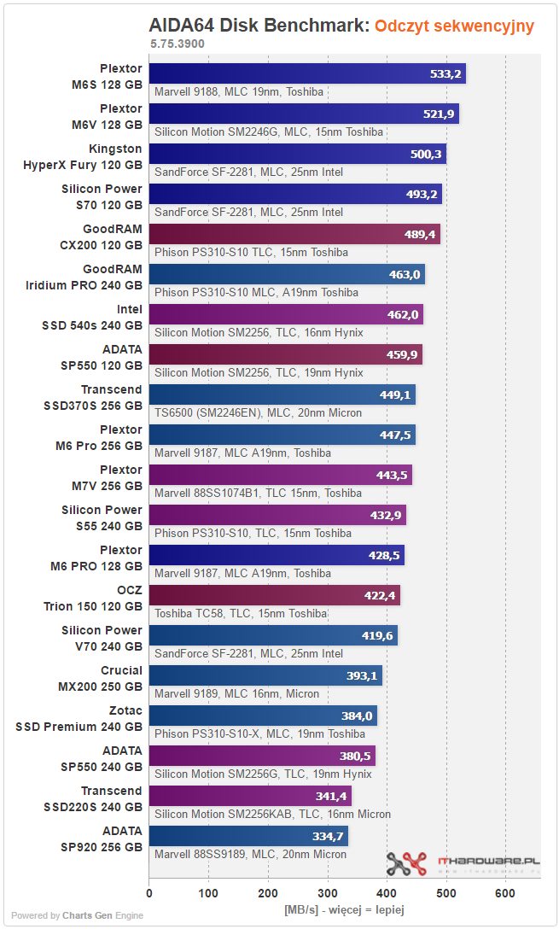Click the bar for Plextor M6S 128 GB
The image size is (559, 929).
(307, 73)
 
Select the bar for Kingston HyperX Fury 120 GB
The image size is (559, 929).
(298, 154)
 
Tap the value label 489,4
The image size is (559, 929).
(420, 234)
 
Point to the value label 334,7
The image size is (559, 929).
(328, 836)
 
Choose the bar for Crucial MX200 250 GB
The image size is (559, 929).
(266, 675)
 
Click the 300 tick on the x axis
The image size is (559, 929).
(328, 893)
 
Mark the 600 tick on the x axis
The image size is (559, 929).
(505, 893)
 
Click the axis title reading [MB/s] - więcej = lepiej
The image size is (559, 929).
(345, 909)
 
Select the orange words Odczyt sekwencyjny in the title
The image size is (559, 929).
(454, 26)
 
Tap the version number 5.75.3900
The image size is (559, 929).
(177, 44)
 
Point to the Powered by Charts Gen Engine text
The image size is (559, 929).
(77, 915)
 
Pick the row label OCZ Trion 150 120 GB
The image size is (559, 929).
(93, 599)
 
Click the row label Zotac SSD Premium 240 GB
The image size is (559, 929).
(79, 719)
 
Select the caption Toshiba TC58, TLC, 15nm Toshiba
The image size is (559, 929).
(241, 613)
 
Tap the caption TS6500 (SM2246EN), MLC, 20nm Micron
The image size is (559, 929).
(259, 413)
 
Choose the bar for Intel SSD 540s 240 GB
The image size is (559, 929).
(286, 314)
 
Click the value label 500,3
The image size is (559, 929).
(426, 154)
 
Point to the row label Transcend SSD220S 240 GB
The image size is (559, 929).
(93, 798)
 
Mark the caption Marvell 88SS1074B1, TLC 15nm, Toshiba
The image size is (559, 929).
(259, 493)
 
